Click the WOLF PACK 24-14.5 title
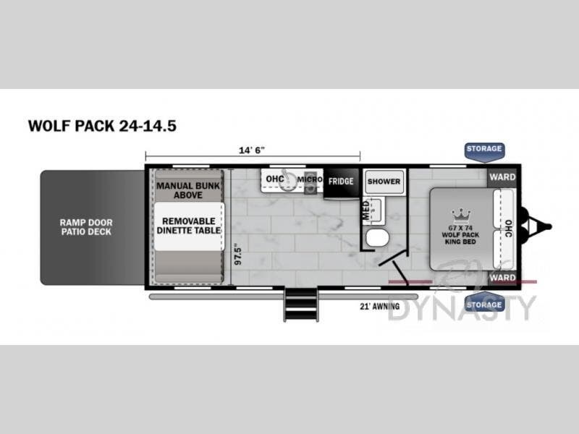pos(102,125)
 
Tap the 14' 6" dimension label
pos(252,150)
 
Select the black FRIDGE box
pos(341,181)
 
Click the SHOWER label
pos(384,181)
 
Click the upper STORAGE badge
pos(483,149)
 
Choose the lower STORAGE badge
pos(483,305)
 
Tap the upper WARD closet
pos(502,177)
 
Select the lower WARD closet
pos(502,277)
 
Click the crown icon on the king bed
pos(460,214)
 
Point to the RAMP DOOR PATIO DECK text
pos(86,226)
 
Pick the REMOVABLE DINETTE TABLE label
pos(187,225)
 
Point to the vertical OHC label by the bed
pos(508,228)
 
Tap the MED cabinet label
pos(365,210)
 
